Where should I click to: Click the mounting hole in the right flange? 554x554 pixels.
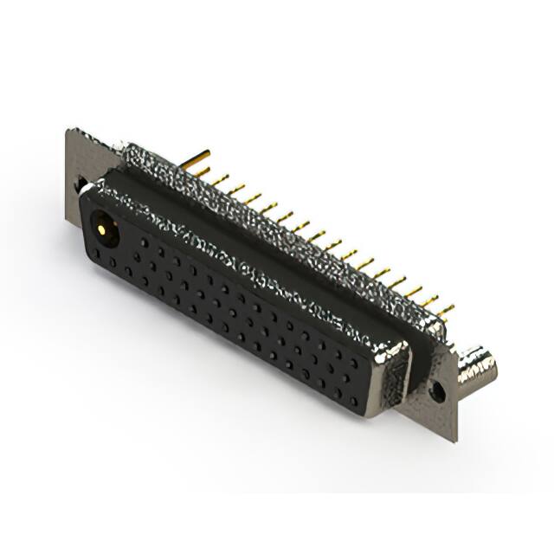pos(438,392)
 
